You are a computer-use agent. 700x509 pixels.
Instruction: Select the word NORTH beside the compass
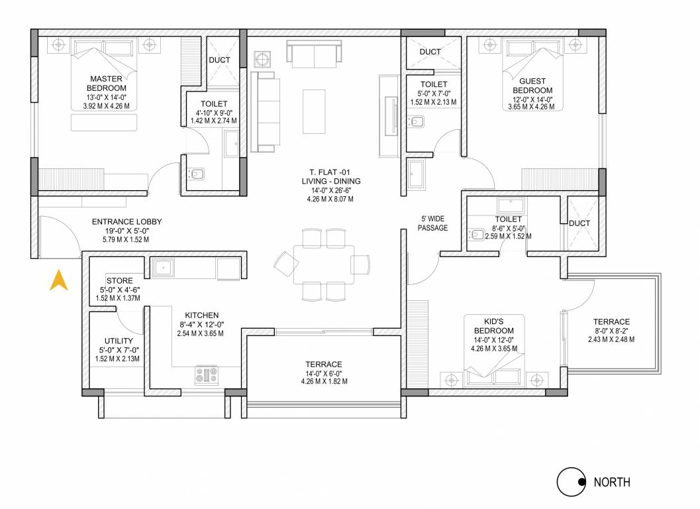(x=611, y=482)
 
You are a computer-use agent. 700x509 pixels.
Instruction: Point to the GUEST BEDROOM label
(x=532, y=85)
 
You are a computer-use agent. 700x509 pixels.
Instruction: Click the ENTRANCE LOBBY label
(x=126, y=222)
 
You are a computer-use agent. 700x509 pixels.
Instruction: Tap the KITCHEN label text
(x=202, y=315)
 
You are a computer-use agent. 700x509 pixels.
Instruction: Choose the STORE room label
(x=119, y=281)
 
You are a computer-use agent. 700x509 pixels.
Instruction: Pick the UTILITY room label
(x=119, y=341)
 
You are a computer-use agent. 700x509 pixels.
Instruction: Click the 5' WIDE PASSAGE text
(x=434, y=223)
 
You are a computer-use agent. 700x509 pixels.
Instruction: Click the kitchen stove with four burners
(x=207, y=375)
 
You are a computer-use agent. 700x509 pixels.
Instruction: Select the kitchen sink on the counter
(x=164, y=268)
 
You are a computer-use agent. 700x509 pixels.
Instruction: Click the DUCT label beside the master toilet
(x=220, y=60)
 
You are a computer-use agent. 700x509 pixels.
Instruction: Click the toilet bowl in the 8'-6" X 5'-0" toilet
(x=478, y=234)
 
